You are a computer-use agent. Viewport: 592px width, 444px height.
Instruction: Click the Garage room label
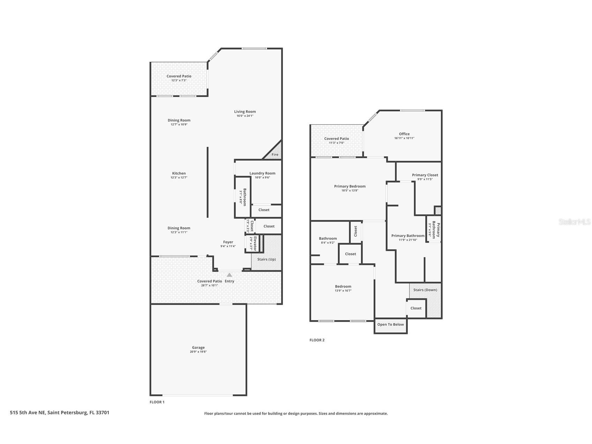(x=198, y=348)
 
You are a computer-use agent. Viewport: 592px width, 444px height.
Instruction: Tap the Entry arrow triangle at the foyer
(x=230, y=275)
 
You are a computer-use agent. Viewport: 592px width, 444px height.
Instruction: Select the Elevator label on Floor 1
(x=255, y=243)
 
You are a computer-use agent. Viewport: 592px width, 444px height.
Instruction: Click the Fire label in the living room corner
(x=275, y=155)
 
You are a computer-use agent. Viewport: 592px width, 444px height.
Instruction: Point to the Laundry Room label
(x=262, y=173)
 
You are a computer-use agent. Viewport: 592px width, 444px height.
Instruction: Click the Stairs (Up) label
(x=267, y=259)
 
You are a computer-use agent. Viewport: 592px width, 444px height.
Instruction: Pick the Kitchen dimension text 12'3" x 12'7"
(x=179, y=178)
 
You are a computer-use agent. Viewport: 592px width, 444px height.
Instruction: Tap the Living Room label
(x=245, y=112)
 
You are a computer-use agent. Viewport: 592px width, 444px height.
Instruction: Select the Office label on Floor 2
(x=404, y=134)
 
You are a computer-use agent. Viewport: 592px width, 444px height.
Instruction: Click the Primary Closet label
(x=425, y=175)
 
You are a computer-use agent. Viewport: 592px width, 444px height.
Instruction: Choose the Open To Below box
(x=390, y=325)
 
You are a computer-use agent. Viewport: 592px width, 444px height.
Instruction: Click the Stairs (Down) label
(x=425, y=290)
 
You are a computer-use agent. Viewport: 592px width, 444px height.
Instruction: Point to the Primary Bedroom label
(x=350, y=186)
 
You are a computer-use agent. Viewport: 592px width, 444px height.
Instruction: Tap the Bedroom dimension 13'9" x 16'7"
(x=343, y=291)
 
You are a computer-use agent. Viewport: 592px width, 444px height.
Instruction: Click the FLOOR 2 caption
(x=317, y=340)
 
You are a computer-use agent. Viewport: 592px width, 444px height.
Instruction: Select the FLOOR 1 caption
(x=157, y=402)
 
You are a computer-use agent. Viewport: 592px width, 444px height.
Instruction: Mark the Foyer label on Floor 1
(x=228, y=242)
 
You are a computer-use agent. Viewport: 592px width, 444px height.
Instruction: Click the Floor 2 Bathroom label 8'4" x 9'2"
(x=328, y=239)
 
